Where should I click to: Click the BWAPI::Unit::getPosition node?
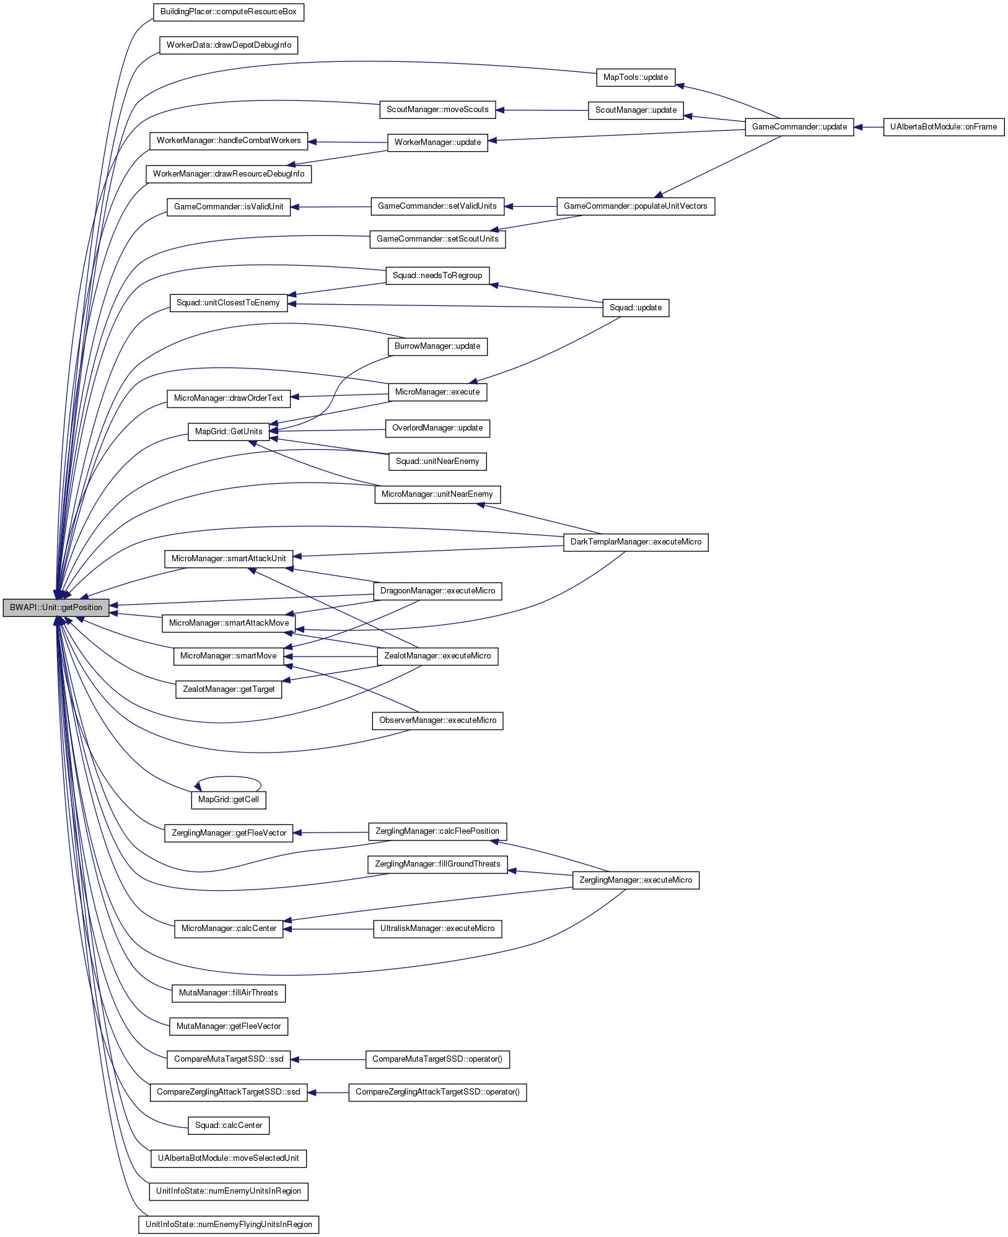[56, 608]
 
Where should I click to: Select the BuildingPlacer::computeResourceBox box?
[228, 12]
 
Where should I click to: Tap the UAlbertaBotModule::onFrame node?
[943, 127]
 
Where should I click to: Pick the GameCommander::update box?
[799, 127]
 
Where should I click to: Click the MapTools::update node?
[635, 77]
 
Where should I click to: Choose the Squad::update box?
[635, 308]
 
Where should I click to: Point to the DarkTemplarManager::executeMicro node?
[635, 542]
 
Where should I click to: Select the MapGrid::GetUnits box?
[228, 432]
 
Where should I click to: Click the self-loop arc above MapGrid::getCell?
[228, 777]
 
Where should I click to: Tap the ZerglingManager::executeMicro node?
[635, 880]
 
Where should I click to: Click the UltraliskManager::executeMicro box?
[437, 929]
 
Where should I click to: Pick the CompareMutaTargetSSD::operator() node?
[437, 1059]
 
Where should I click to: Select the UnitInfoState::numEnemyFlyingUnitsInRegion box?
[228, 1225]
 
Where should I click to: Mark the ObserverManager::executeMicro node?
[437, 720]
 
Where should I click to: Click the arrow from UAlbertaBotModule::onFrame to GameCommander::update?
[868, 127]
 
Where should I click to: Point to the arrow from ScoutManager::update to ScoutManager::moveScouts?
[542, 110]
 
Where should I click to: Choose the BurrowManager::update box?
[437, 346]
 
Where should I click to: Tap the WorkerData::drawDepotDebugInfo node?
[228, 45]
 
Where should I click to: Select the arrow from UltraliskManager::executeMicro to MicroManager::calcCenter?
[328, 929]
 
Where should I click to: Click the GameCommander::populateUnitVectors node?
[635, 206]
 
